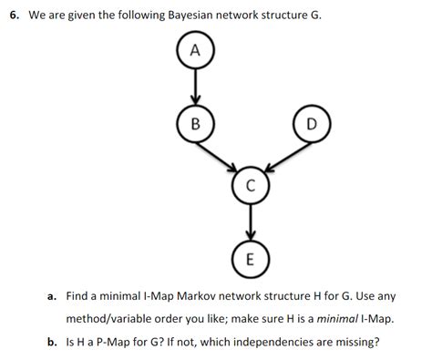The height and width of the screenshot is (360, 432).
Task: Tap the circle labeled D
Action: point(312,124)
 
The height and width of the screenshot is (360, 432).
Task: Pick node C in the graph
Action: point(250,184)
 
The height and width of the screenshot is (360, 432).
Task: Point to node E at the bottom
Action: point(250,256)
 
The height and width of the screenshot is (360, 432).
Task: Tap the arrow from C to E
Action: point(250,221)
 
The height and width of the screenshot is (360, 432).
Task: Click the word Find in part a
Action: point(79,296)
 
